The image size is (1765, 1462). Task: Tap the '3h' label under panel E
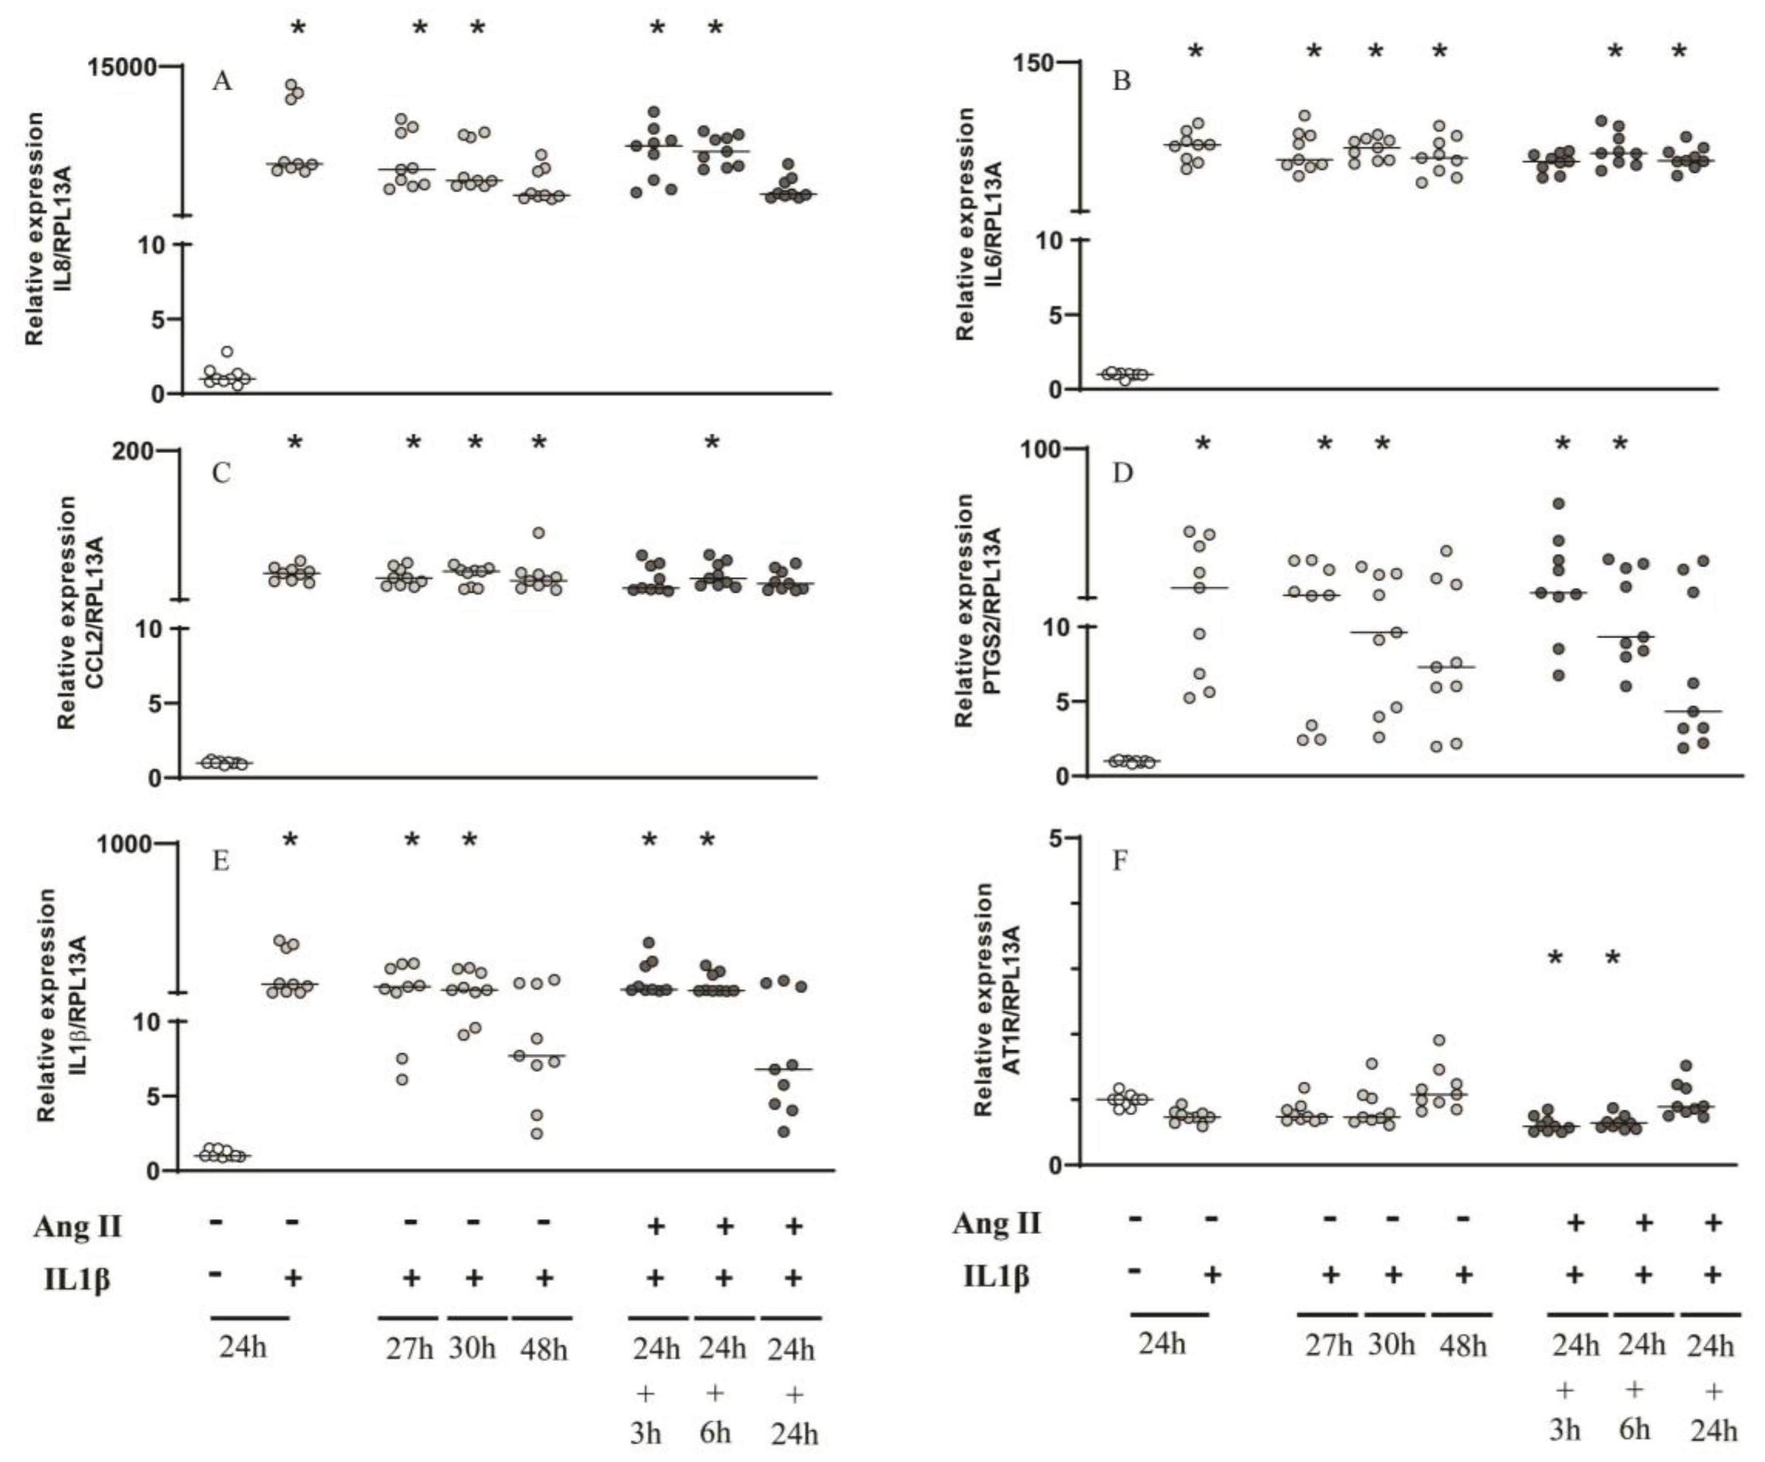click(x=646, y=1433)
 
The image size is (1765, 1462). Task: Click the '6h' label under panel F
click(x=1634, y=1429)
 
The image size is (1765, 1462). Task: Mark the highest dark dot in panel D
click(x=1559, y=504)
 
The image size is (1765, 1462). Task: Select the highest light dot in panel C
click(x=539, y=533)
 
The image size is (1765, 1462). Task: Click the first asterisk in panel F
click(x=1556, y=957)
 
